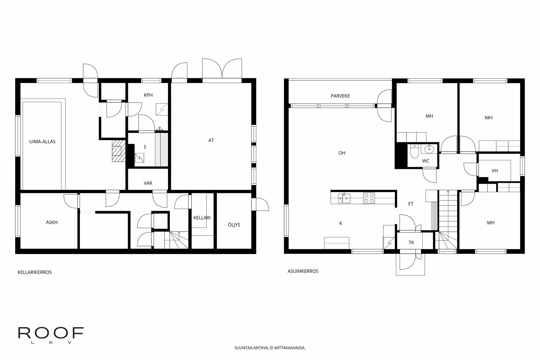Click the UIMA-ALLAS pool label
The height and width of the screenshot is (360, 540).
(x=42, y=141)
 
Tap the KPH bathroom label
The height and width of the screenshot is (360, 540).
(x=148, y=95)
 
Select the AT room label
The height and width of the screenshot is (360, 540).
(x=211, y=140)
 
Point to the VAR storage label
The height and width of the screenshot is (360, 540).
(x=148, y=183)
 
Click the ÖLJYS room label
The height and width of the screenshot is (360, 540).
(x=234, y=225)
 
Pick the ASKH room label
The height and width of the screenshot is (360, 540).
(x=52, y=222)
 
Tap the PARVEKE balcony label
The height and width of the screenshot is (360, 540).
(x=340, y=96)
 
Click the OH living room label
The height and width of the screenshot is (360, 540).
(x=342, y=153)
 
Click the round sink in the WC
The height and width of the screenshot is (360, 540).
(x=429, y=149)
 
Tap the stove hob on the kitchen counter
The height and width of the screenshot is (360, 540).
(x=369, y=198)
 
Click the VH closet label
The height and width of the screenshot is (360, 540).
(x=494, y=170)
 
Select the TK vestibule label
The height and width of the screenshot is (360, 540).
(x=411, y=242)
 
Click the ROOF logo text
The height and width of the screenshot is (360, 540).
(x=51, y=333)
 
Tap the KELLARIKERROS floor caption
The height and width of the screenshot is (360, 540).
(x=35, y=272)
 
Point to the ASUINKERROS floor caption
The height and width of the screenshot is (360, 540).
(x=303, y=271)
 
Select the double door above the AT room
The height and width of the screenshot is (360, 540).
(x=222, y=69)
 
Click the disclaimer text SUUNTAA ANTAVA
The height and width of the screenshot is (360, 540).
(x=270, y=348)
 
